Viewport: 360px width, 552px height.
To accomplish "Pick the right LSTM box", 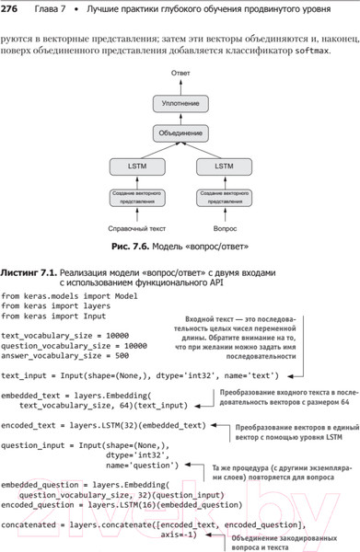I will click(x=224, y=167).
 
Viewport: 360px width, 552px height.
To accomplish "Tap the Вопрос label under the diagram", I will click(x=224, y=226).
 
